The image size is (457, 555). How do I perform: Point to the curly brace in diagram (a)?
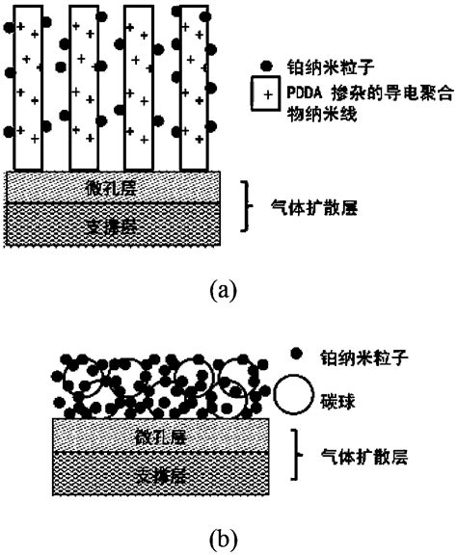[x=248, y=204]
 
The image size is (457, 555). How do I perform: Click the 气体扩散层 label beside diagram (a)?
[x=309, y=204]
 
